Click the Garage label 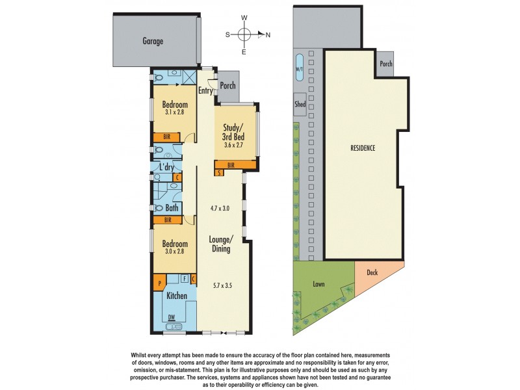[x=153, y=41]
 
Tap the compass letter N [x=268, y=34]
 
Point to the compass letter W [x=244, y=18]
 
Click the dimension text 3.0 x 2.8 [x=174, y=251]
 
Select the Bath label [x=172, y=208]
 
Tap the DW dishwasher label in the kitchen [x=172, y=317]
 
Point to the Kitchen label [x=176, y=296]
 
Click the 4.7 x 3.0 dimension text [x=221, y=208]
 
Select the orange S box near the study [x=220, y=172]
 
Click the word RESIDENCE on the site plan [x=363, y=148]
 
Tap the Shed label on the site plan [x=300, y=103]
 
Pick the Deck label [x=372, y=273]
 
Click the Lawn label [x=318, y=284]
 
